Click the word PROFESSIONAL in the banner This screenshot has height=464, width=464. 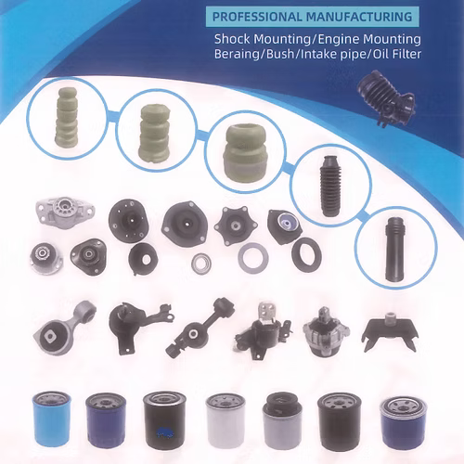coord(257,17)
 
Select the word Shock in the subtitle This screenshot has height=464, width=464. coord(232,39)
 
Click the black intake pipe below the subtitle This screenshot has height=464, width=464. coord(387,98)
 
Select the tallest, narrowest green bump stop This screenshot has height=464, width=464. coord(67,117)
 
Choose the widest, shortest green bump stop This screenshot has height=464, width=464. coord(246,153)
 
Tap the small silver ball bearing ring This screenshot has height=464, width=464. coord(201,264)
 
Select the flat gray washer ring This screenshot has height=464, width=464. coord(253,258)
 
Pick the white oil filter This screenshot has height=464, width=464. coord(226,420)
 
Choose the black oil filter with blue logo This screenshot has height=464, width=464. coord(164,419)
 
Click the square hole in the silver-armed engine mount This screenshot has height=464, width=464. coord(49,336)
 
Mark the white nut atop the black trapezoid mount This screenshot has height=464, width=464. coord(391,316)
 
